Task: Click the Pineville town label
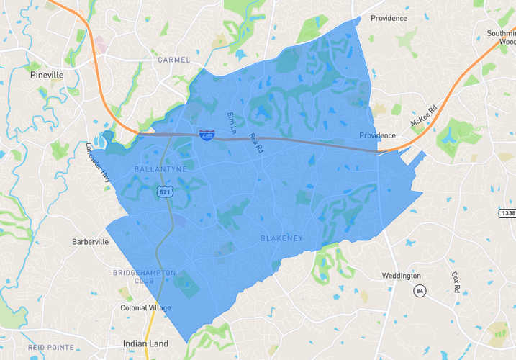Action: (47, 74)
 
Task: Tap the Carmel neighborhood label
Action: (174, 60)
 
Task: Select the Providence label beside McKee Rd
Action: (378, 135)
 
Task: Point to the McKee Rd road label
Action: (423, 114)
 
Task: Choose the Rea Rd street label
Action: (253, 141)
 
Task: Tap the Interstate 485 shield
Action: (207, 135)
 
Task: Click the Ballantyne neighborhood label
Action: (160, 168)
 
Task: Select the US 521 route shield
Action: (165, 192)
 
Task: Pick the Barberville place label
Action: (90, 242)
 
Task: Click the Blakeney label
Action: (281, 238)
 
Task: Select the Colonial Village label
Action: (145, 308)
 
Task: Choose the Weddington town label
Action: (401, 276)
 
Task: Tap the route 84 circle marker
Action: (418, 290)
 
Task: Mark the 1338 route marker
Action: (507, 213)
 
